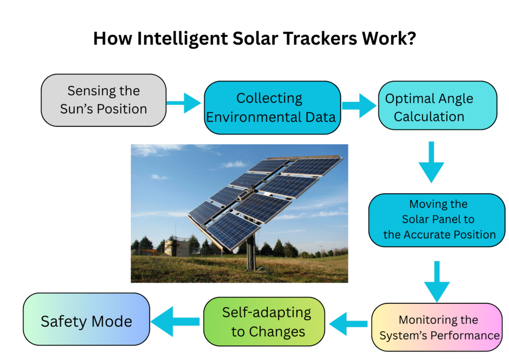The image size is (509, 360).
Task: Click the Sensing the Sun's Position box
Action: point(103,100)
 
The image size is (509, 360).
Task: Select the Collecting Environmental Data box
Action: point(272,108)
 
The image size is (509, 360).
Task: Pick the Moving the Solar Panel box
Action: point(437,219)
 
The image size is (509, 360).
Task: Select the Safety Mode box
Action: point(86,321)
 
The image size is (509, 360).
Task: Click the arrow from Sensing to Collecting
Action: point(184,103)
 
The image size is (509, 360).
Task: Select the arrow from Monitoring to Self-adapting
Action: point(348,325)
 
